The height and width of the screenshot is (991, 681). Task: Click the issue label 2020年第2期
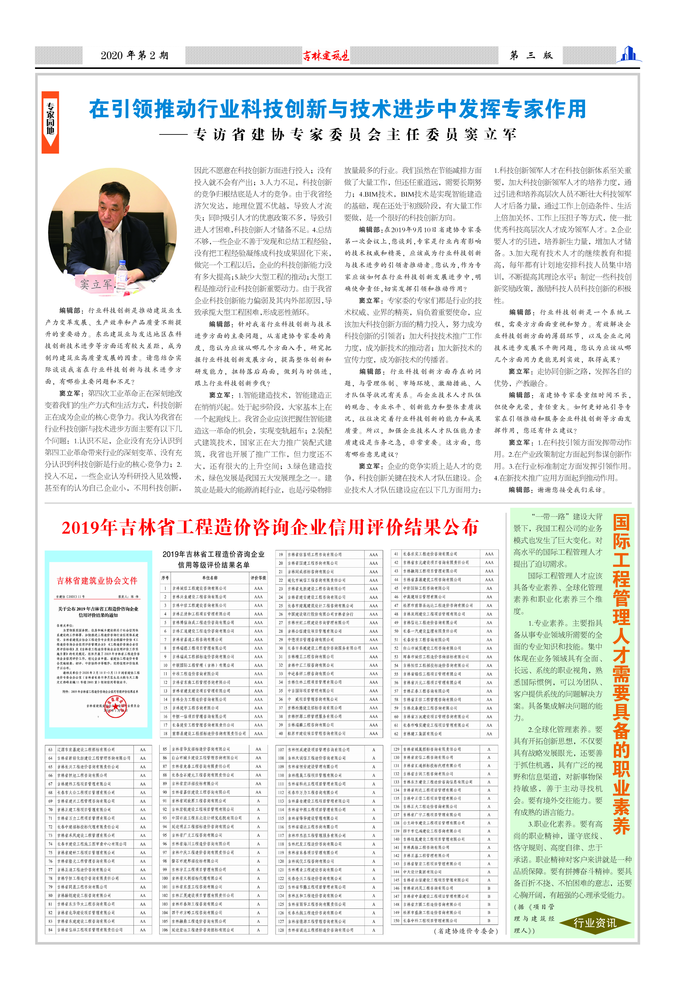[134, 55]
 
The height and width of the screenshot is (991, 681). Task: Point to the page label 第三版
[531, 55]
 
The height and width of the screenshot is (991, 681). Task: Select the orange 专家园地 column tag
[50, 122]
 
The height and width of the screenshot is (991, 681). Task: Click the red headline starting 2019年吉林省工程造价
[270, 528]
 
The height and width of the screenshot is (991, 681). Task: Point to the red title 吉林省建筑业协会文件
[97, 581]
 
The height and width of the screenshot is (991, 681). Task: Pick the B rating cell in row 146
[489, 888]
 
